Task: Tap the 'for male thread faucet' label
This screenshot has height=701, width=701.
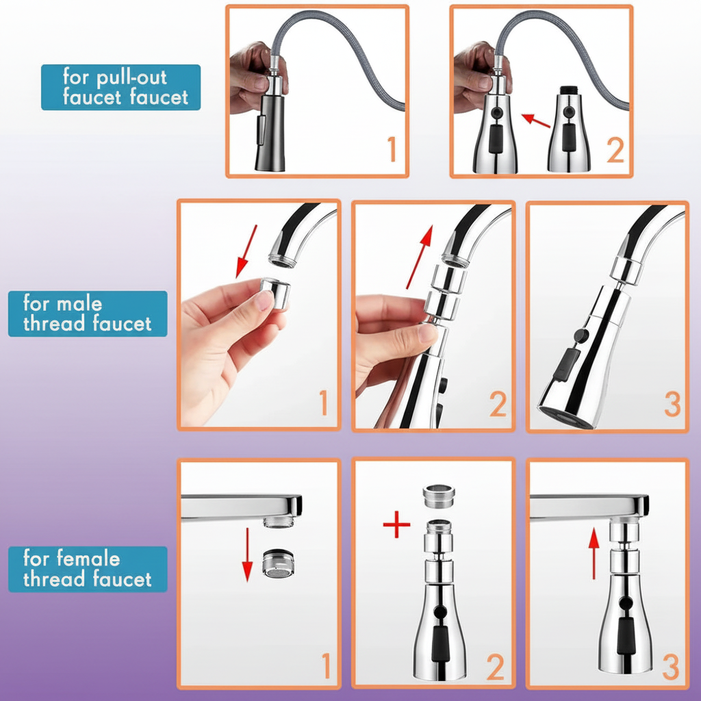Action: (x=88, y=314)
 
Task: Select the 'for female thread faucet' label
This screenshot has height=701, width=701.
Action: (x=88, y=569)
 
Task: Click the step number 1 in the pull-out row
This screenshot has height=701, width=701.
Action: (x=392, y=149)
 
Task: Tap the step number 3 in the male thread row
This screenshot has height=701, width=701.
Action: (x=672, y=404)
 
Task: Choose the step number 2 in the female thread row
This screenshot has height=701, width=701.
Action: (x=495, y=667)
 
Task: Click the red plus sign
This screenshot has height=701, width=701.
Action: (x=396, y=524)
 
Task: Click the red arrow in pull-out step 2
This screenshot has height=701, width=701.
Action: (x=535, y=120)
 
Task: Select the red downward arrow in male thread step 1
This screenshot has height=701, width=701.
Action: (x=246, y=252)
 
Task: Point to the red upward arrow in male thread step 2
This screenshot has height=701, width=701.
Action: (x=420, y=257)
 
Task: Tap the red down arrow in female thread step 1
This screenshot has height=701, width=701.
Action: (x=247, y=555)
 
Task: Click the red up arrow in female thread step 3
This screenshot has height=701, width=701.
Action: (x=594, y=553)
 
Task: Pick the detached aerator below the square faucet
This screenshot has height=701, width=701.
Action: (x=278, y=563)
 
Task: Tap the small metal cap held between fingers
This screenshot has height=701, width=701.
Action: (x=275, y=294)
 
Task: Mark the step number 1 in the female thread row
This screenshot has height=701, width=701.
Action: (x=327, y=665)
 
